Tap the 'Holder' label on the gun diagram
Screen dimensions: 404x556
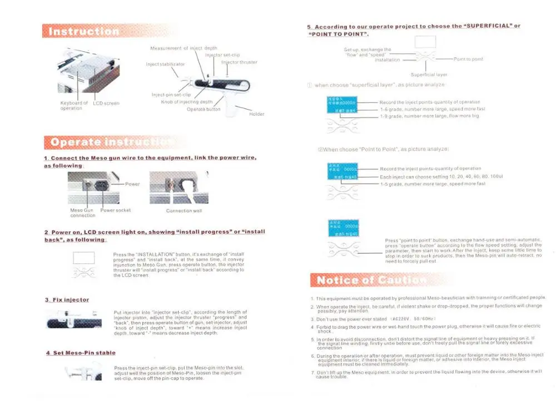click(256, 114)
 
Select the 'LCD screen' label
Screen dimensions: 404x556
click(106, 104)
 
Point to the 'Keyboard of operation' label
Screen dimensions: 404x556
click(74, 106)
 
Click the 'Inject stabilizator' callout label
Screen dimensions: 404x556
click(165, 64)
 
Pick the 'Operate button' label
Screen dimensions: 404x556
click(203, 109)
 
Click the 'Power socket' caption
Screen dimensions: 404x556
click(116, 210)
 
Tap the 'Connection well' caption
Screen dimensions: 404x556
click(180, 211)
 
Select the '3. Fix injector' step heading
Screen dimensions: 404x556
click(67, 300)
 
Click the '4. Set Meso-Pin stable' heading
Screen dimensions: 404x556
click(81, 353)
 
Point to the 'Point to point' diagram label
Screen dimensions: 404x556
click(468, 59)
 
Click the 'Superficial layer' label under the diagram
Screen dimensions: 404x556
click(429, 75)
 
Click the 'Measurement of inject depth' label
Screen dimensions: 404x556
click(183, 48)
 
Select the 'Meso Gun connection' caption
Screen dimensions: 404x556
click(82, 213)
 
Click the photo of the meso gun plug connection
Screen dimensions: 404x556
click(179, 188)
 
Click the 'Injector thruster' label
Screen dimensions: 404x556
click(239, 62)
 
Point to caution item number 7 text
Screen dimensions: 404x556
click(428, 373)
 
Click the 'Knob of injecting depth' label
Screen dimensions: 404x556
click(187, 102)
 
